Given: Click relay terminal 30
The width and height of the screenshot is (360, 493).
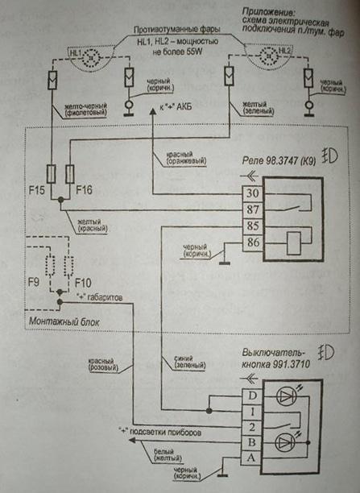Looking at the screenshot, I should tap(253, 195).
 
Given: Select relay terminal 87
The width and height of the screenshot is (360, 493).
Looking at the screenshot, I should tap(253, 210).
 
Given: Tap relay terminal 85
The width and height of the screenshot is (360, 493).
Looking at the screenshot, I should tap(253, 226).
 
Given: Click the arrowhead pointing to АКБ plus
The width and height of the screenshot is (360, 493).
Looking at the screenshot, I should tap(154, 115).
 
